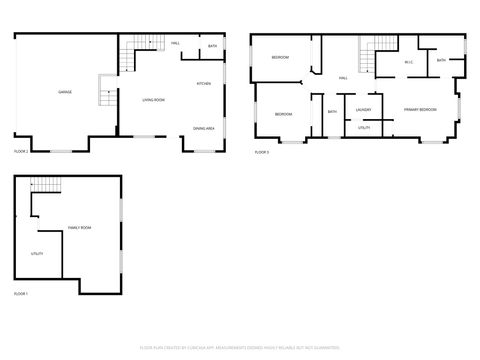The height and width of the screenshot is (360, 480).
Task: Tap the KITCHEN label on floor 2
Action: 203,83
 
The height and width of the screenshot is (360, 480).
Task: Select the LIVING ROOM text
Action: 153,100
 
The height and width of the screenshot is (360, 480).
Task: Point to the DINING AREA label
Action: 204,129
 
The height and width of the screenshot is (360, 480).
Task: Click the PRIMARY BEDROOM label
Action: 420,108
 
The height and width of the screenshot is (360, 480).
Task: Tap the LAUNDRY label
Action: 363,110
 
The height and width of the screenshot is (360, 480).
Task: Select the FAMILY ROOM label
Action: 79,229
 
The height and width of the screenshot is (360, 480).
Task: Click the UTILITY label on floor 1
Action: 37,254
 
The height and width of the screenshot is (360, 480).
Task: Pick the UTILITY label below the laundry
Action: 363,128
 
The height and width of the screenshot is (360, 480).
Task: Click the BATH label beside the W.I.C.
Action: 441,61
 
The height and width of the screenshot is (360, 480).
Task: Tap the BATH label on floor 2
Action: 212,46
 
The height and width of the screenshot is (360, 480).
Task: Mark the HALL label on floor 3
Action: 342,78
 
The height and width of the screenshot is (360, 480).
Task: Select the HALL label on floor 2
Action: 175,43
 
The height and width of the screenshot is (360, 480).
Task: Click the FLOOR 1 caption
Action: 21,293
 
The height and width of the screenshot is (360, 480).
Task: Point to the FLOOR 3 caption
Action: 261,151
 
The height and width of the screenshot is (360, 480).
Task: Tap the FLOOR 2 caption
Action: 21,151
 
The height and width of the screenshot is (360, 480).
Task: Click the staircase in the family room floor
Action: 45,185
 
